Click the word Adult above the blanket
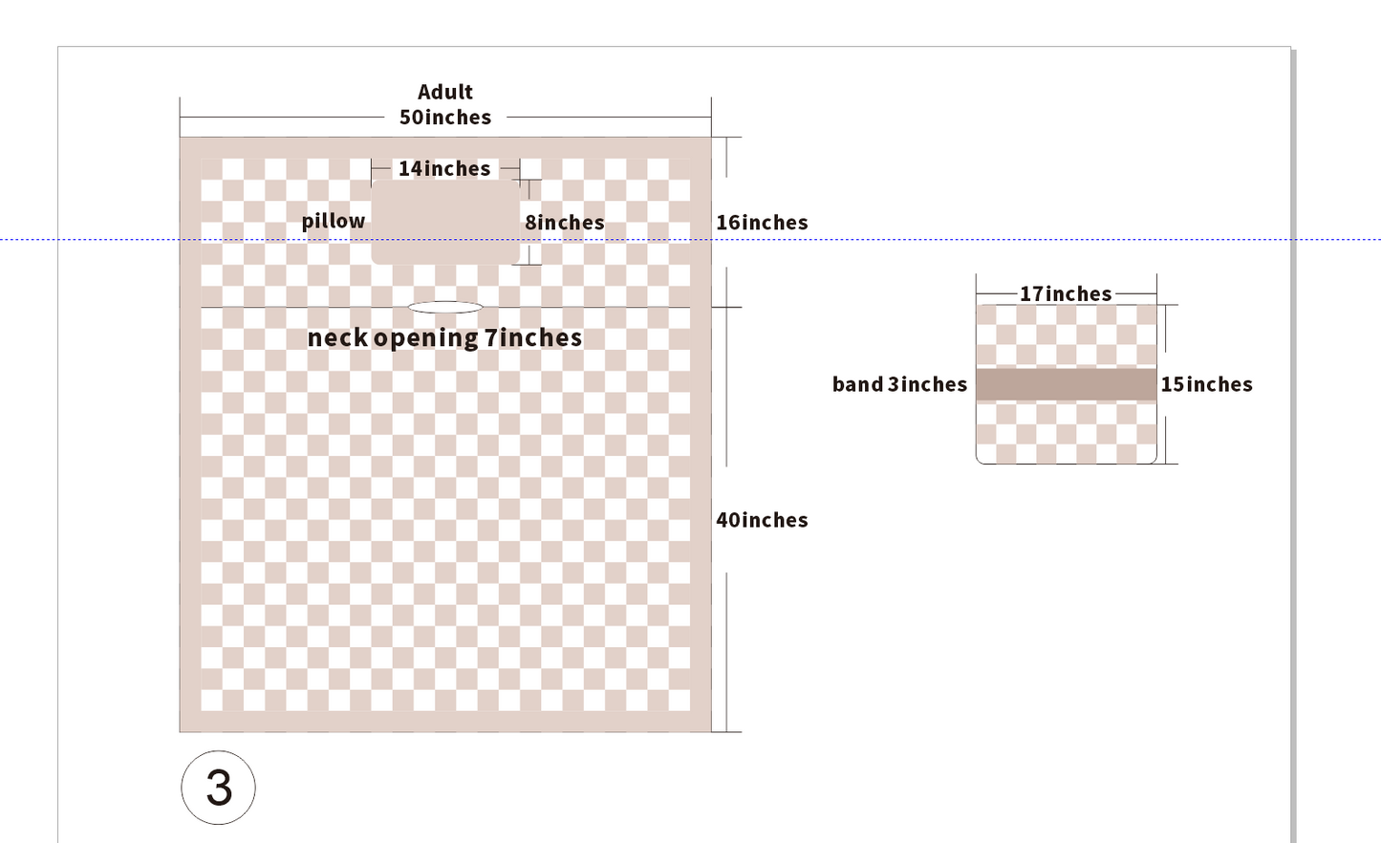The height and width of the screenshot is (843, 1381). pos(445,92)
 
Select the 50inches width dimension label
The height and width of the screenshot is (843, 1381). pos(445,118)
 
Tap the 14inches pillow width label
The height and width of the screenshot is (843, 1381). pos(444,168)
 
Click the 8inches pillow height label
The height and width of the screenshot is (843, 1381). pos(565,223)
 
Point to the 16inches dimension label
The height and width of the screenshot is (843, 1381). pos(762,223)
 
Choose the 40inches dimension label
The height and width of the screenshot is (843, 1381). pos(762,520)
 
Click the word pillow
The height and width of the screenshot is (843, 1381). pos(334,222)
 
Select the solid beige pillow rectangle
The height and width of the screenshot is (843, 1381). pos(445,222)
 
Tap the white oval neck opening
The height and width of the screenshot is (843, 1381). pos(445,307)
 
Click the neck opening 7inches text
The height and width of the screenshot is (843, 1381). pos(444,338)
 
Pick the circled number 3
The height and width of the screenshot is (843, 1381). pos(218,788)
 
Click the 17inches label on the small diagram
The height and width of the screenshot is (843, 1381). pos(1066,293)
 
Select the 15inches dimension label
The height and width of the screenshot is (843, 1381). pos(1206,385)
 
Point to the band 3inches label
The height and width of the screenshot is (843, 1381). pos(899,385)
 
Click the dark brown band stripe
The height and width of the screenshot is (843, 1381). pos(1066,385)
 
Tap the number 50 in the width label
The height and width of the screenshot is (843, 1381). pos(411,118)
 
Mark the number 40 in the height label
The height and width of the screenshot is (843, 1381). pos(728,520)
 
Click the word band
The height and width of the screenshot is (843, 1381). pos(858,385)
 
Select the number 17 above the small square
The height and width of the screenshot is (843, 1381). pos(1032,293)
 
